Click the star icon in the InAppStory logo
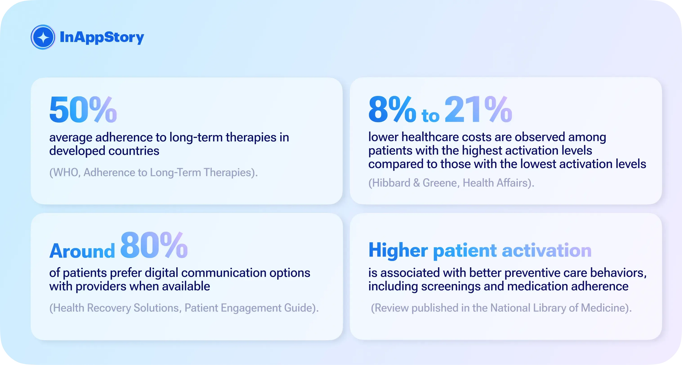(x=43, y=37)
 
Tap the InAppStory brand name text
(x=102, y=37)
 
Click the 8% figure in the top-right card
(x=392, y=110)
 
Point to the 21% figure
(x=478, y=110)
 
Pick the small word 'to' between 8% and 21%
(x=430, y=116)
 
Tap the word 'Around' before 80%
(x=82, y=251)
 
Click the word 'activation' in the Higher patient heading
(x=546, y=250)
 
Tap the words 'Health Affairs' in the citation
(x=495, y=183)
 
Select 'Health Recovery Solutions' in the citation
(x=116, y=308)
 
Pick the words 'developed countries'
(x=104, y=151)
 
